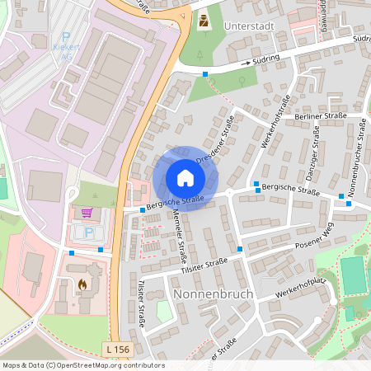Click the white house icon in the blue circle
click(x=185, y=178)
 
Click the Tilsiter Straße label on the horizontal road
click(x=204, y=263)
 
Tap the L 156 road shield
click(x=118, y=350)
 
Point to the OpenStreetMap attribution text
click(x=82, y=364)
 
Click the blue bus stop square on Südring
click(x=205, y=74)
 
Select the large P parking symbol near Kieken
click(x=66, y=36)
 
